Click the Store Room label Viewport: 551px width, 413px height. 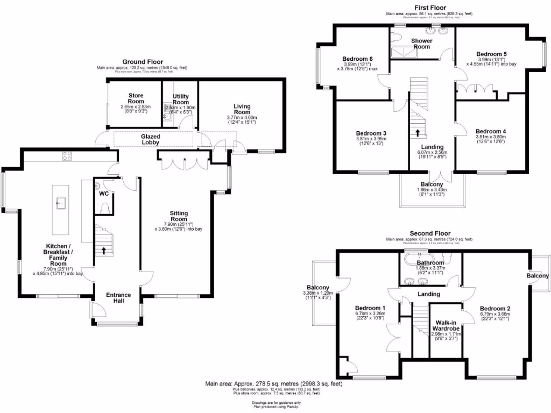136,98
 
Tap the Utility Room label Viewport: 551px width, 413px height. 181,99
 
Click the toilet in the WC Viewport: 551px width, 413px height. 104,207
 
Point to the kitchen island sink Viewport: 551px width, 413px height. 61,202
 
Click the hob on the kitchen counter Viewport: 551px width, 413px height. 68,156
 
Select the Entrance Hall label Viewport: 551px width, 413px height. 118,298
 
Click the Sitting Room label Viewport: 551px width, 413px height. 179,216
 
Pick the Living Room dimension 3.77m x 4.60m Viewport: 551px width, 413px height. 242,117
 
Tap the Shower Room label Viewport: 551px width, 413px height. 421,44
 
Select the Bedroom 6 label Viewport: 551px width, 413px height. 358,59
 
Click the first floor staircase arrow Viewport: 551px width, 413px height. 418,132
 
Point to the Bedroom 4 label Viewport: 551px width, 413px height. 491,131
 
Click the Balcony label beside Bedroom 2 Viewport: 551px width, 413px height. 538,276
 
